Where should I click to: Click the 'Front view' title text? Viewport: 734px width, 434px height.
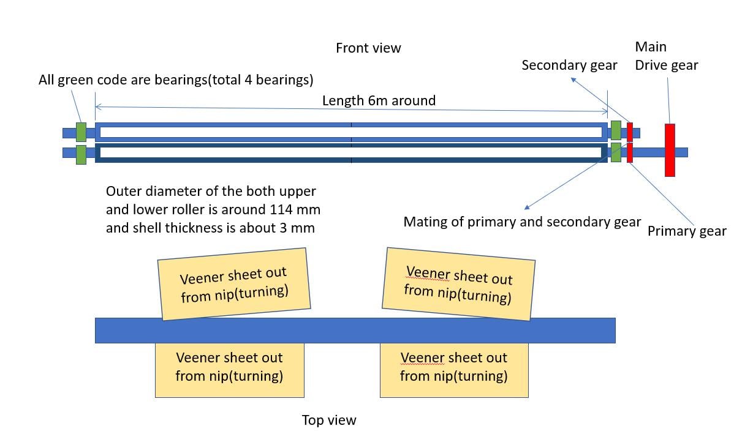pyautogui.click(x=368, y=48)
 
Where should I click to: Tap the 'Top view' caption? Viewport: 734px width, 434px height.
pyautogui.click(x=328, y=420)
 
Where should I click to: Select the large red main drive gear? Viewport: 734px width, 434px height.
pyautogui.click(x=670, y=150)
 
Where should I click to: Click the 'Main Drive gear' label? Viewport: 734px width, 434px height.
pyautogui.click(x=666, y=56)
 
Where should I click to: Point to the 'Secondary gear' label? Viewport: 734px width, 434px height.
pyautogui.click(x=569, y=65)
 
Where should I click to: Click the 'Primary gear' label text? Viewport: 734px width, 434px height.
pyautogui.click(x=686, y=231)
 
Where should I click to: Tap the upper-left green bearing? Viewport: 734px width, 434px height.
pyautogui.click(x=81, y=132)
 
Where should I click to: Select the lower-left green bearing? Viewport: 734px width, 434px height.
pyautogui.click(x=81, y=154)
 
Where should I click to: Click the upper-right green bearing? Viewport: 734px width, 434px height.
pyautogui.click(x=616, y=130)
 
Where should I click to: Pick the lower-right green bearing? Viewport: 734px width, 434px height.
pyautogui.click(x=616, y=152)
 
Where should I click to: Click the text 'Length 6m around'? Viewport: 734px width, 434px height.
pyautogui.click(x=379, y=100)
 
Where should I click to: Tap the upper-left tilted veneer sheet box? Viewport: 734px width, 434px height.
pyautogui.click(x=233, y=283)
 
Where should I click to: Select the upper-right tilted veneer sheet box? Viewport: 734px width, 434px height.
pyautogui.click(x=458, y=284)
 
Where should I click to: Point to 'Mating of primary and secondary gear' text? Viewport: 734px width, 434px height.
pyautogui.click(x=522, y=222)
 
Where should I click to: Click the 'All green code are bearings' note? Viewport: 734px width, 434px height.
pyautogui.click(x=176, y=80)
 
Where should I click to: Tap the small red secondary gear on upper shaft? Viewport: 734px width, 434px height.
pyautogui.click(x=629, y=132)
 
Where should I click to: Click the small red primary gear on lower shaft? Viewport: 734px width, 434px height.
pyautogui.click(x=629, y=152)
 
